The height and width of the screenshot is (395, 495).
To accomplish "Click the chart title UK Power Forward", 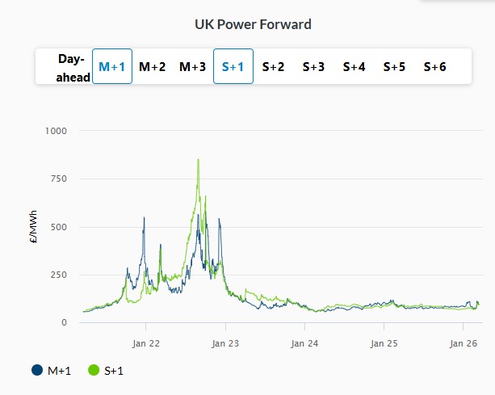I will pos(253,24).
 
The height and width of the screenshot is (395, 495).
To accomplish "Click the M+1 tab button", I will pos(112,67).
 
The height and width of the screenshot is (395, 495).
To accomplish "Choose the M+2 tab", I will pos(153,67).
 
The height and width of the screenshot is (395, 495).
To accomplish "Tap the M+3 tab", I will pos(192,67).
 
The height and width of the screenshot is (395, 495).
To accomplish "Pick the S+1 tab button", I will pos(233,67).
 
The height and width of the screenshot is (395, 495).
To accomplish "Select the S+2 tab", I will pos(273,67).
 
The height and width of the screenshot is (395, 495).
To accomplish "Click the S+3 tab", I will pos(313,67).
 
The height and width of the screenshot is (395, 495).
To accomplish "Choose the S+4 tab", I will pos(354,67).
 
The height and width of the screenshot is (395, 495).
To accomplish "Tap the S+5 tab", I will pos(394,67).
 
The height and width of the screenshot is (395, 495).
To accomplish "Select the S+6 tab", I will pos(434,67).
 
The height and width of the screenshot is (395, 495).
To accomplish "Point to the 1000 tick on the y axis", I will pos(57,131).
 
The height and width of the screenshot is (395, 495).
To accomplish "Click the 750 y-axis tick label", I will pos(59,179).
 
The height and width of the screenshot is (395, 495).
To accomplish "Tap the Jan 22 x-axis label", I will pos(146,342).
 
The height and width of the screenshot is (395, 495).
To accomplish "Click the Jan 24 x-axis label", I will pos(304,342).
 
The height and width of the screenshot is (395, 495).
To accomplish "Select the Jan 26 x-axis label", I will pos(463,342).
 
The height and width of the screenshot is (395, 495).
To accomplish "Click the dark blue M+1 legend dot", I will pos(37,371).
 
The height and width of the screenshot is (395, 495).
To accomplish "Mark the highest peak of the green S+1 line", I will pos(198,159).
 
